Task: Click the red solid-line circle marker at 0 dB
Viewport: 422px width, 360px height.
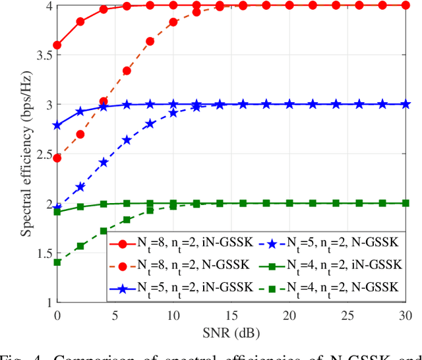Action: point(57,45)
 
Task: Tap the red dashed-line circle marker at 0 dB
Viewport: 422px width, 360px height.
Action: point(57,158)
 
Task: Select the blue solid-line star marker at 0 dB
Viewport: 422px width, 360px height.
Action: point(57,125)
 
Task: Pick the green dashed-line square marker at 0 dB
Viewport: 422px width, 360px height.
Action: point(57,262)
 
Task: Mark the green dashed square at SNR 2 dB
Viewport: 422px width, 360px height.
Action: point(80,246)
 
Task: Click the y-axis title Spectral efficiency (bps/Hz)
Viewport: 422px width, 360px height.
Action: point(25,154)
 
